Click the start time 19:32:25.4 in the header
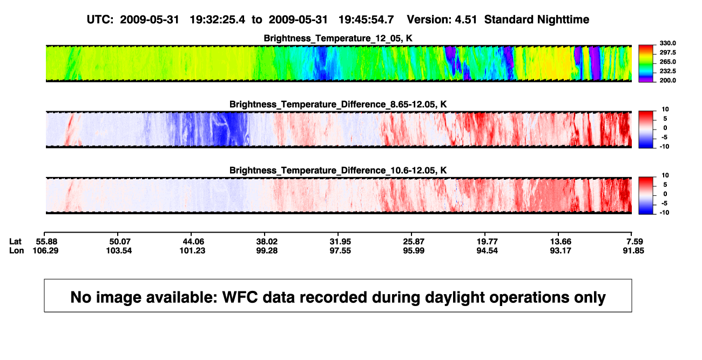coord(218,20)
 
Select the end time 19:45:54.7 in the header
coord(366,20)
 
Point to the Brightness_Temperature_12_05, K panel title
coord(338,38)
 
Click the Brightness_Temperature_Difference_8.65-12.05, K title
coord(338,104)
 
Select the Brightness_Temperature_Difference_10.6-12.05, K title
coord(338,171)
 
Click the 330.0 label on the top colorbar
coord(667,43)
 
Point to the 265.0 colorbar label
coord(667,62)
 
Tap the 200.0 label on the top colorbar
coord(667,80)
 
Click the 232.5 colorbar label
coord(667,71)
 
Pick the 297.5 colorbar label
coord(667,53)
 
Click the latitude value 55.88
coord(46,242)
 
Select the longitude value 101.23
coord(192,251)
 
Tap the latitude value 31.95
coord(340,242)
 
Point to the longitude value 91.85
coord(633,251)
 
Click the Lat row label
coord(15,242)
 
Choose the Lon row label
coord(17,251)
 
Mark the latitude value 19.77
coord(487,242)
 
